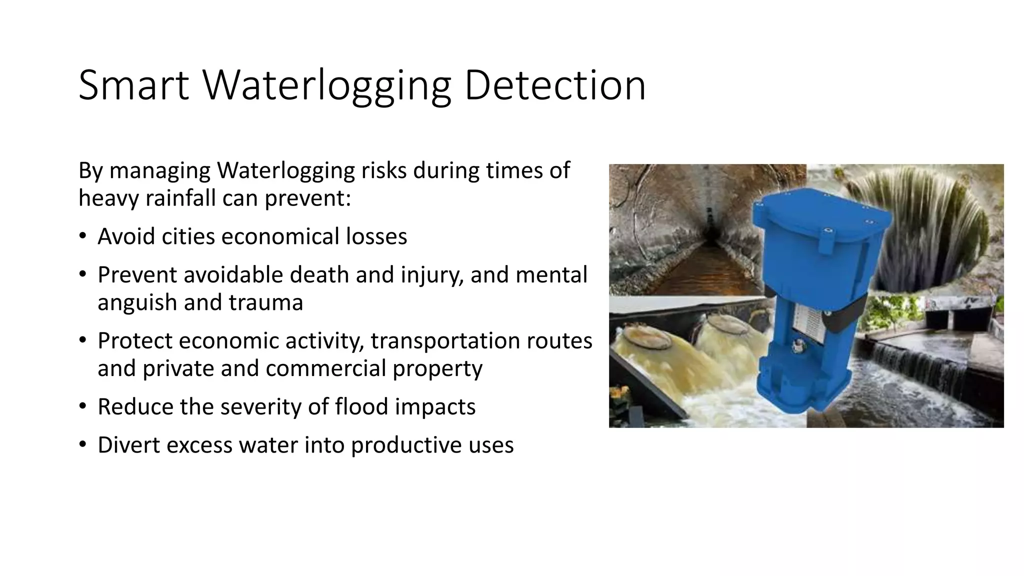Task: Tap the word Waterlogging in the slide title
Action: tap(326, 86)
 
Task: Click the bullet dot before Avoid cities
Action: tap(82, 236)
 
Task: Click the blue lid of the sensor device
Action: tap(820, 215)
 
